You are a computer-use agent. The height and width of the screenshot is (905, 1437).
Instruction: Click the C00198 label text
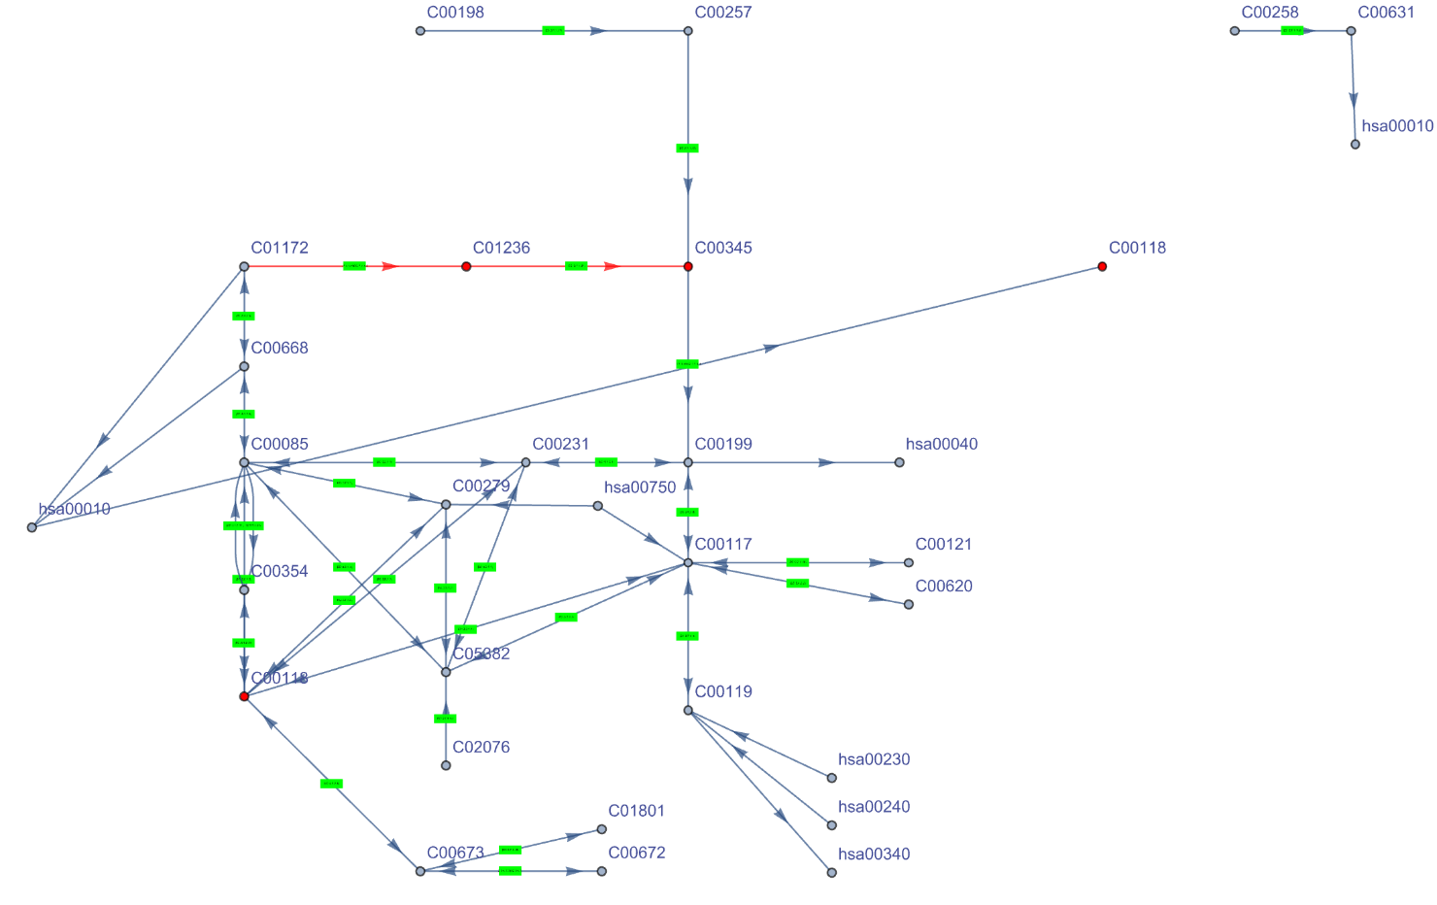coord(454,13)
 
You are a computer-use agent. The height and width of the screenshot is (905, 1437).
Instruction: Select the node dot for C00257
coord(688,31)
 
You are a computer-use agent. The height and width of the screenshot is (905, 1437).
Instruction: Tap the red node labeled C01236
coord(466,266)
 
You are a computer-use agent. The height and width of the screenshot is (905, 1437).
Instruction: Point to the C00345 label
coord(723,248)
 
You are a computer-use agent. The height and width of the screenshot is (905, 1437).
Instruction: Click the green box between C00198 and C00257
coord(553,31)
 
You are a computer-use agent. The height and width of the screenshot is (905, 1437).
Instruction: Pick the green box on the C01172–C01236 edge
coord(354,266)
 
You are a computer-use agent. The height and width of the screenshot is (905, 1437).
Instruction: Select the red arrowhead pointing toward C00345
coord(611,266)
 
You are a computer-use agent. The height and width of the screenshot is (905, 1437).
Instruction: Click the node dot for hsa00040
coord(899,462)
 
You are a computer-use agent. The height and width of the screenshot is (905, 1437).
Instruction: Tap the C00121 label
coord(943,544)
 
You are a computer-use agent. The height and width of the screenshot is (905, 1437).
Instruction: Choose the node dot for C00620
coord(909,604)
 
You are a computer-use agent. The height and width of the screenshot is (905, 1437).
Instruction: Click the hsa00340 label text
coord(874,855)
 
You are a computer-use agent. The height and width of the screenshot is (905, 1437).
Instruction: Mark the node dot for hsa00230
coord(832,778)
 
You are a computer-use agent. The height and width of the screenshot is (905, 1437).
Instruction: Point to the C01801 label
coord(636,811)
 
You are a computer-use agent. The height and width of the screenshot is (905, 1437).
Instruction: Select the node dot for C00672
coord(602,871)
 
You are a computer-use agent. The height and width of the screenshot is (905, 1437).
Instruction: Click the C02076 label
coord(481,747)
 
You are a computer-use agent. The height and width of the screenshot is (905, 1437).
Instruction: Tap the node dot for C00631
coord(1351,31)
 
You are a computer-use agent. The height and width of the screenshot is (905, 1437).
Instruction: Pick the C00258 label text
coord(1270,13)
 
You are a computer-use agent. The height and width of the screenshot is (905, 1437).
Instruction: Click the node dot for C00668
coord(245,366)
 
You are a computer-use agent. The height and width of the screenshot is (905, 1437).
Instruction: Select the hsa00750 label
coord(640,487)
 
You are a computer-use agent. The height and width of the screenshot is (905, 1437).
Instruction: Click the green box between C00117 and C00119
coord(687,636)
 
